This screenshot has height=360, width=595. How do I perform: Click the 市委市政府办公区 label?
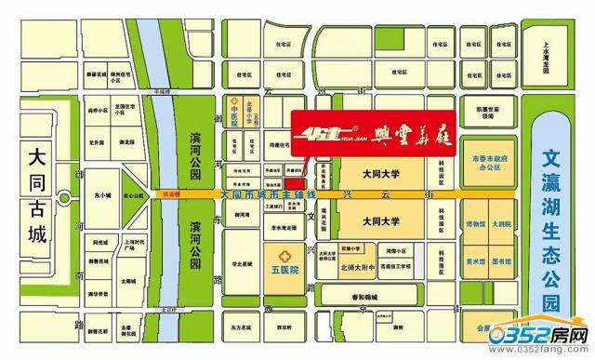point(493,165)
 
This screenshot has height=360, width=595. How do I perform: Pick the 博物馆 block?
point(475,224)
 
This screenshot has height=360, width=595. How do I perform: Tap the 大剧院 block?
point(505,224)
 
